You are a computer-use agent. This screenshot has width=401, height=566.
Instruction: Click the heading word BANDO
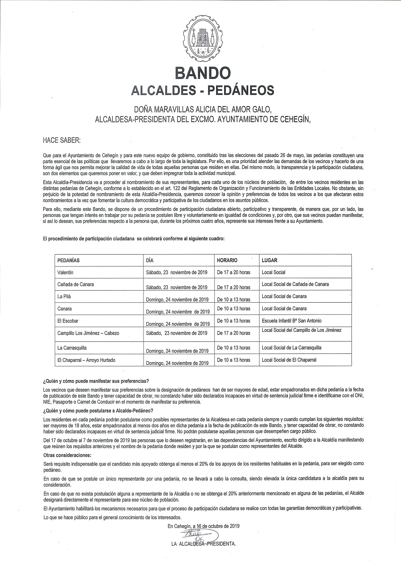click(x=203, y=73)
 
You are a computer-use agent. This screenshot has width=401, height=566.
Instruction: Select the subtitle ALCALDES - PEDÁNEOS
click(x=203, y=90)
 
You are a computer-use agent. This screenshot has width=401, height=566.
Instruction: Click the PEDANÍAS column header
click(x=69, y=260)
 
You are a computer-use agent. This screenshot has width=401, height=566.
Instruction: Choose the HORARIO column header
click(x=227, y=260)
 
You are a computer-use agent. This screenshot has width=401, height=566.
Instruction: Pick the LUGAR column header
click(x=269, y=260)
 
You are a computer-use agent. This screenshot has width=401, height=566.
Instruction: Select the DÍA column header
click(x=150, y=260)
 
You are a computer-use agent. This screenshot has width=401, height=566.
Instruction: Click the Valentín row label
click(x=65, y=273)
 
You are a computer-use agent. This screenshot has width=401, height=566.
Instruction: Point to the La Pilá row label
click(x=64, y=297)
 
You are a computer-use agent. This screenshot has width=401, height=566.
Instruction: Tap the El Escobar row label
click(x=68, y=321)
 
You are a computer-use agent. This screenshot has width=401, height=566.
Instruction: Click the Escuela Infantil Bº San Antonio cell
click(x=292, y=321)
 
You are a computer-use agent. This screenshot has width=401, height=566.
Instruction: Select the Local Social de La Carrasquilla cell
click(x=292, y=348)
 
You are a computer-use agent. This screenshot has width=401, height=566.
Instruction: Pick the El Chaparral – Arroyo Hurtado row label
click(x=86, y=360)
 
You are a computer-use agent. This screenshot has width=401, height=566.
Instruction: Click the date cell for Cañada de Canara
click(x=176, y=287)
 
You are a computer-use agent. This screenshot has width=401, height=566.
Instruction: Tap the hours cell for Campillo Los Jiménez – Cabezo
click(x=233, y=333)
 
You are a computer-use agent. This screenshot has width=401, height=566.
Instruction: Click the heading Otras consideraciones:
click(x=67, y=456)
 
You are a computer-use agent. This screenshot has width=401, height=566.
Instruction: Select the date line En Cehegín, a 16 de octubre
click(x=204, y=526)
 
